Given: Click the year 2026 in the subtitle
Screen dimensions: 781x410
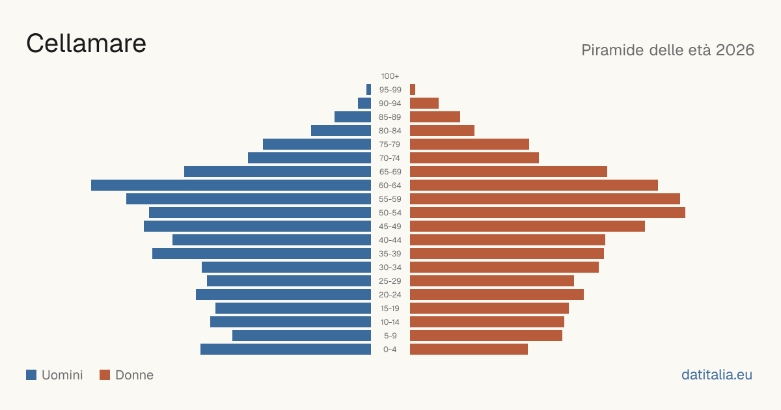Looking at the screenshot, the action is click(735, 50).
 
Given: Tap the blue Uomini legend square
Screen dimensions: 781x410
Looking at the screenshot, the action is click(31, 375).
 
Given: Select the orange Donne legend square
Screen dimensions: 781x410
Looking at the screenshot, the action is click(105, 375).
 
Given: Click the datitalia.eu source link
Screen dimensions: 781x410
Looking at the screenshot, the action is click(717, 375).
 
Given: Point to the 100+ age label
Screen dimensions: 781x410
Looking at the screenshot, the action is click(390, 76).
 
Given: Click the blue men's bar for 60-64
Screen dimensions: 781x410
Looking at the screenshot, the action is click(231, 185).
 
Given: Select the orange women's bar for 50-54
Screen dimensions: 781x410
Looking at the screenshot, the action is click(547, 213).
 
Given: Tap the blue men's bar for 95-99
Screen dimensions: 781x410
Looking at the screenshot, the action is click(368, 90).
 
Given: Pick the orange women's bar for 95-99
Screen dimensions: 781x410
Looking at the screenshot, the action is click(413, 90).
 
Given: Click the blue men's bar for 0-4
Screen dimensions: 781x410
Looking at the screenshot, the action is click(286, 349).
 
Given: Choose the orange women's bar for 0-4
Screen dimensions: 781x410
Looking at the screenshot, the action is click(469, 349).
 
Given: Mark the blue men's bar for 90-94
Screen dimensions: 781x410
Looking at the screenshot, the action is click(364, 103).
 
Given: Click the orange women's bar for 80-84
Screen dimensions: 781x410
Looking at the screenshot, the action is click(442, 131).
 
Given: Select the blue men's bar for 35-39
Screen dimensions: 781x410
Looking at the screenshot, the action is click(262, 253).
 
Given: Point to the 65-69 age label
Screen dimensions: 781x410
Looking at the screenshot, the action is click(390, 172).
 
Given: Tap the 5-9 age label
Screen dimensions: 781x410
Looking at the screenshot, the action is click(390, 336).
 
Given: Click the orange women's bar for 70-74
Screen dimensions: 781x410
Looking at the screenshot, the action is click(474, 158).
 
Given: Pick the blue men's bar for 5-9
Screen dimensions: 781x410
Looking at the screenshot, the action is click(301, 336).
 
